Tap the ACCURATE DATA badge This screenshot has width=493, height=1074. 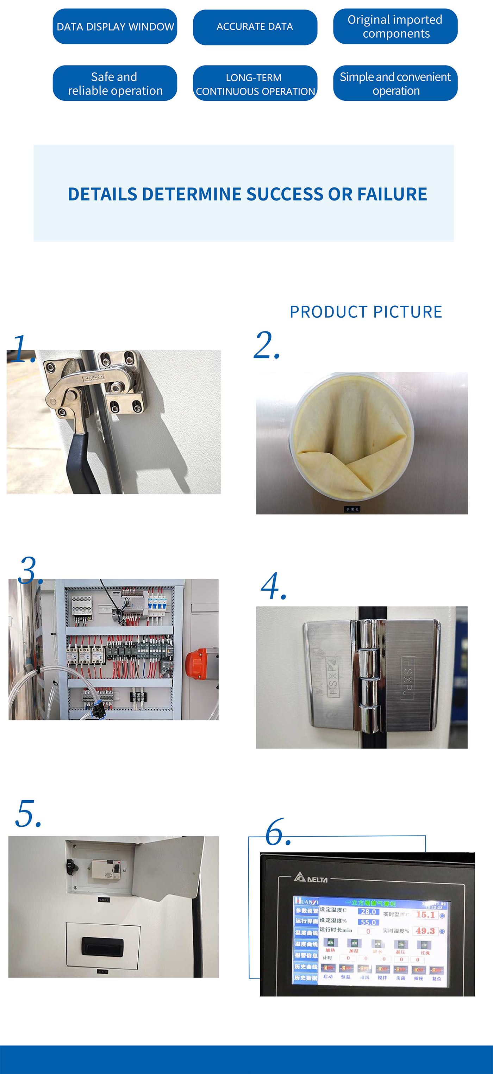pos(255,27)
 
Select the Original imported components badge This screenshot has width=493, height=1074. pos(395,26)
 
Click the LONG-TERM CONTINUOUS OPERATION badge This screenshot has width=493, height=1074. pos(255,83)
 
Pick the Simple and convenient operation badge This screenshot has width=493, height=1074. pos(395,83)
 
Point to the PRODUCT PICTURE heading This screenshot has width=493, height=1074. pos(366,312)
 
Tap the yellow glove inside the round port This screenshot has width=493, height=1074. pos(352,434)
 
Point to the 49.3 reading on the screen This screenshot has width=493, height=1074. pos(425,931)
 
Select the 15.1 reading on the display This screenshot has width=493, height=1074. pos(425,914)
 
